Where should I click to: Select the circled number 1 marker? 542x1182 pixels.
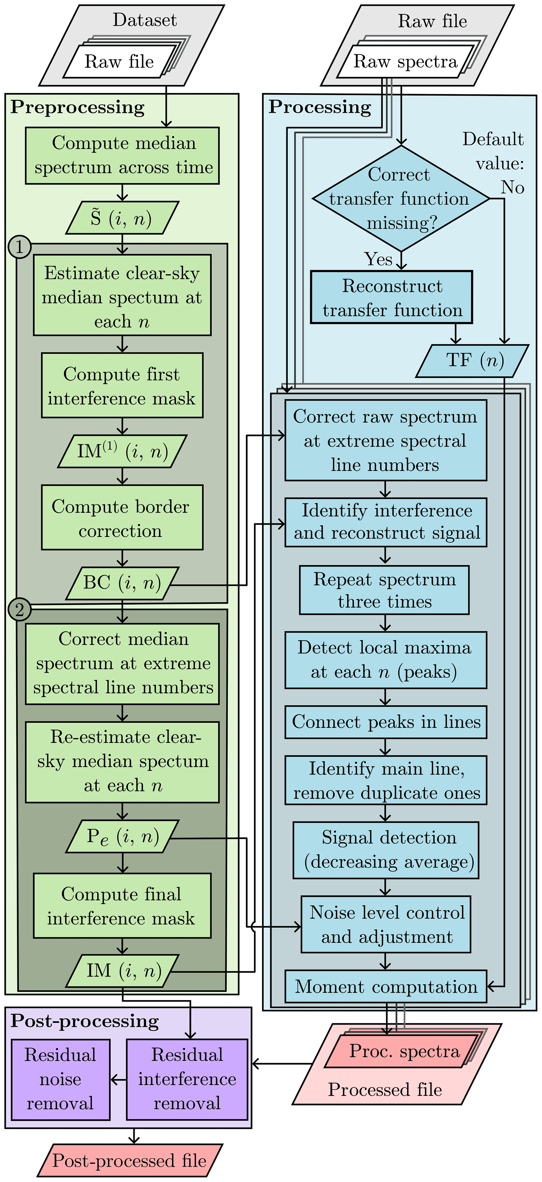[19, 247]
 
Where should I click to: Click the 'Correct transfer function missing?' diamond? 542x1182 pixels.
[401, 199]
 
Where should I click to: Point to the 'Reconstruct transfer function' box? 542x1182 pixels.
[391, 297]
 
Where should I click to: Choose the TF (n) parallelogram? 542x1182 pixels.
[472, 361]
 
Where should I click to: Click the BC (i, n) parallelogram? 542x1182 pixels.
[122, 583]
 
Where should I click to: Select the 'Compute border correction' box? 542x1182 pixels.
[122, 518]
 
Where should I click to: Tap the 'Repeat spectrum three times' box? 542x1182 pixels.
[384, 590]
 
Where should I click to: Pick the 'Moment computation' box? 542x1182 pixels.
[386, 987]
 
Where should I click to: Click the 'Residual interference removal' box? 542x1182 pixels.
[187, 1079]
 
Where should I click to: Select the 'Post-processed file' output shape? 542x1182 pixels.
[130, 1160]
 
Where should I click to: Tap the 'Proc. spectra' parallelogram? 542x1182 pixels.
[404, 1051]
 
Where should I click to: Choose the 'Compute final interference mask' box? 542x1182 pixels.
[122, 906]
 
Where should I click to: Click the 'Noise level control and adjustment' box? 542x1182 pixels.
[386, 924]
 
